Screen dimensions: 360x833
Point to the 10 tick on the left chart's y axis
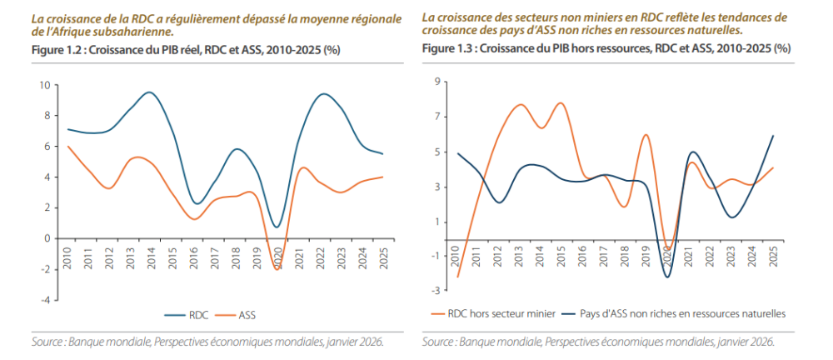(x=44, y=84)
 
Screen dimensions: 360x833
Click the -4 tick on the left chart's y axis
(x=44, y=299)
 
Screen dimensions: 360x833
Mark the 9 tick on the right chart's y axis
(x=436, y=81)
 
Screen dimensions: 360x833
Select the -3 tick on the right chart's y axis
(x=434, y=290)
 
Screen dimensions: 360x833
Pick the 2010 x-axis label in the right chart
(x=457, y=253)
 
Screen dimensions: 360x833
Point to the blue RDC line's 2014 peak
(x=149, y=92)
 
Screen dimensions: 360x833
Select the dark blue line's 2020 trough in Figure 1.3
(x=667, y=276)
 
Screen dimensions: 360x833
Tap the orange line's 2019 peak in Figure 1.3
(x=646, y=135)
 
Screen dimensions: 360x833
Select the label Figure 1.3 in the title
(x=449, y=49)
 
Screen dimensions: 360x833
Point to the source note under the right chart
(x=598, y=342)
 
